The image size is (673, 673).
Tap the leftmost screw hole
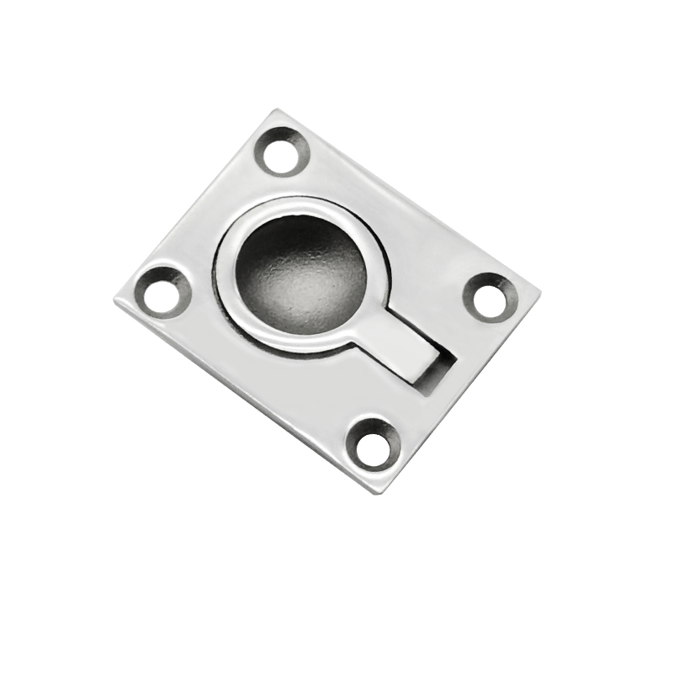click(161, 292)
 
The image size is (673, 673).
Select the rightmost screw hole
click(490, 296)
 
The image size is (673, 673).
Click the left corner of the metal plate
click(114, 298)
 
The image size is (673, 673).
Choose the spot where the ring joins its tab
click(370, 332)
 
